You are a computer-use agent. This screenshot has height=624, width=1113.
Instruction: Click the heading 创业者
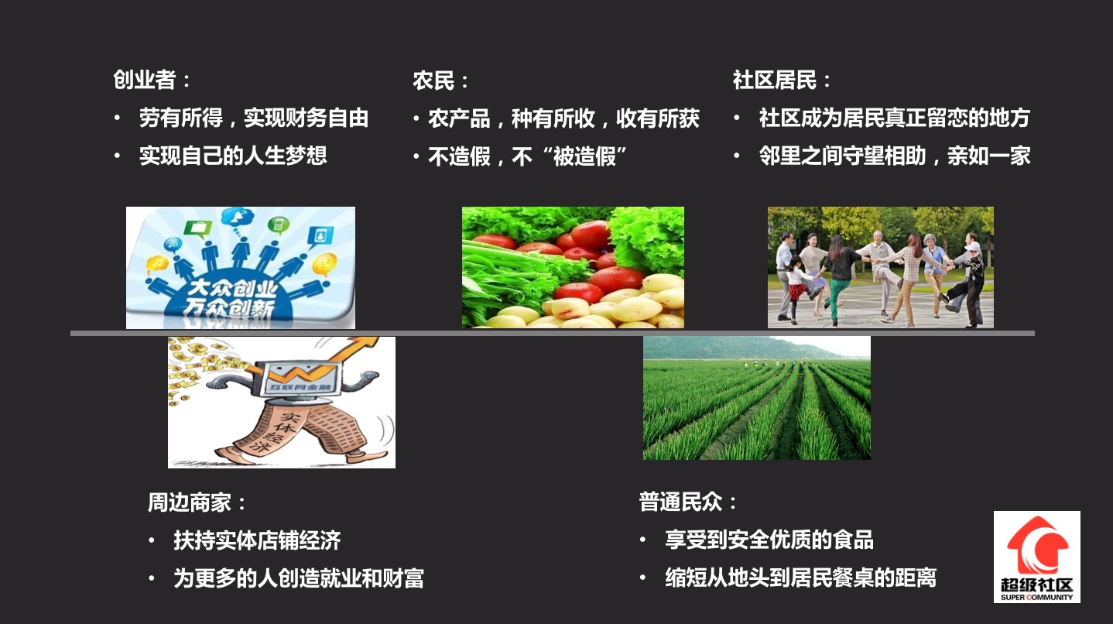145,80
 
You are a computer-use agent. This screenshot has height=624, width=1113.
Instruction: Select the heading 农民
433,81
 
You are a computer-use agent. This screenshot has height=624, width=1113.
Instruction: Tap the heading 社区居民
775,80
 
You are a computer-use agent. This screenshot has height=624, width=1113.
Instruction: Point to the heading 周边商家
190,502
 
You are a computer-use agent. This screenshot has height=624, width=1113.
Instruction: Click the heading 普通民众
680,502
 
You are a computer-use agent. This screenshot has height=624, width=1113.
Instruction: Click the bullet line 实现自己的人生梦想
233,156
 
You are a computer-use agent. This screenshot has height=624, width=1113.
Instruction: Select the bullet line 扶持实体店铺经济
258,540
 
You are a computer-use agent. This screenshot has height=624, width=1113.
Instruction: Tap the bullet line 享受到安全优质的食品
769,540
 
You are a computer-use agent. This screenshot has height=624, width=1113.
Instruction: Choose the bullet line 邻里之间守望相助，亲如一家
895,156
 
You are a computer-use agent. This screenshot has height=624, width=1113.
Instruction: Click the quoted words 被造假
584,156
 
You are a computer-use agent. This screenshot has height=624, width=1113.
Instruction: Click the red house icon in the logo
1037,544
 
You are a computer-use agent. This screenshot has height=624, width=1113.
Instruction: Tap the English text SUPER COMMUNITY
1037,597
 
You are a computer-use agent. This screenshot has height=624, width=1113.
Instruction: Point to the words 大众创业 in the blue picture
232,289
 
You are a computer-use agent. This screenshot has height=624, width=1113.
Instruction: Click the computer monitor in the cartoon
301,379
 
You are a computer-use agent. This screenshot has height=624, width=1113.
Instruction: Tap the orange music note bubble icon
157,262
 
